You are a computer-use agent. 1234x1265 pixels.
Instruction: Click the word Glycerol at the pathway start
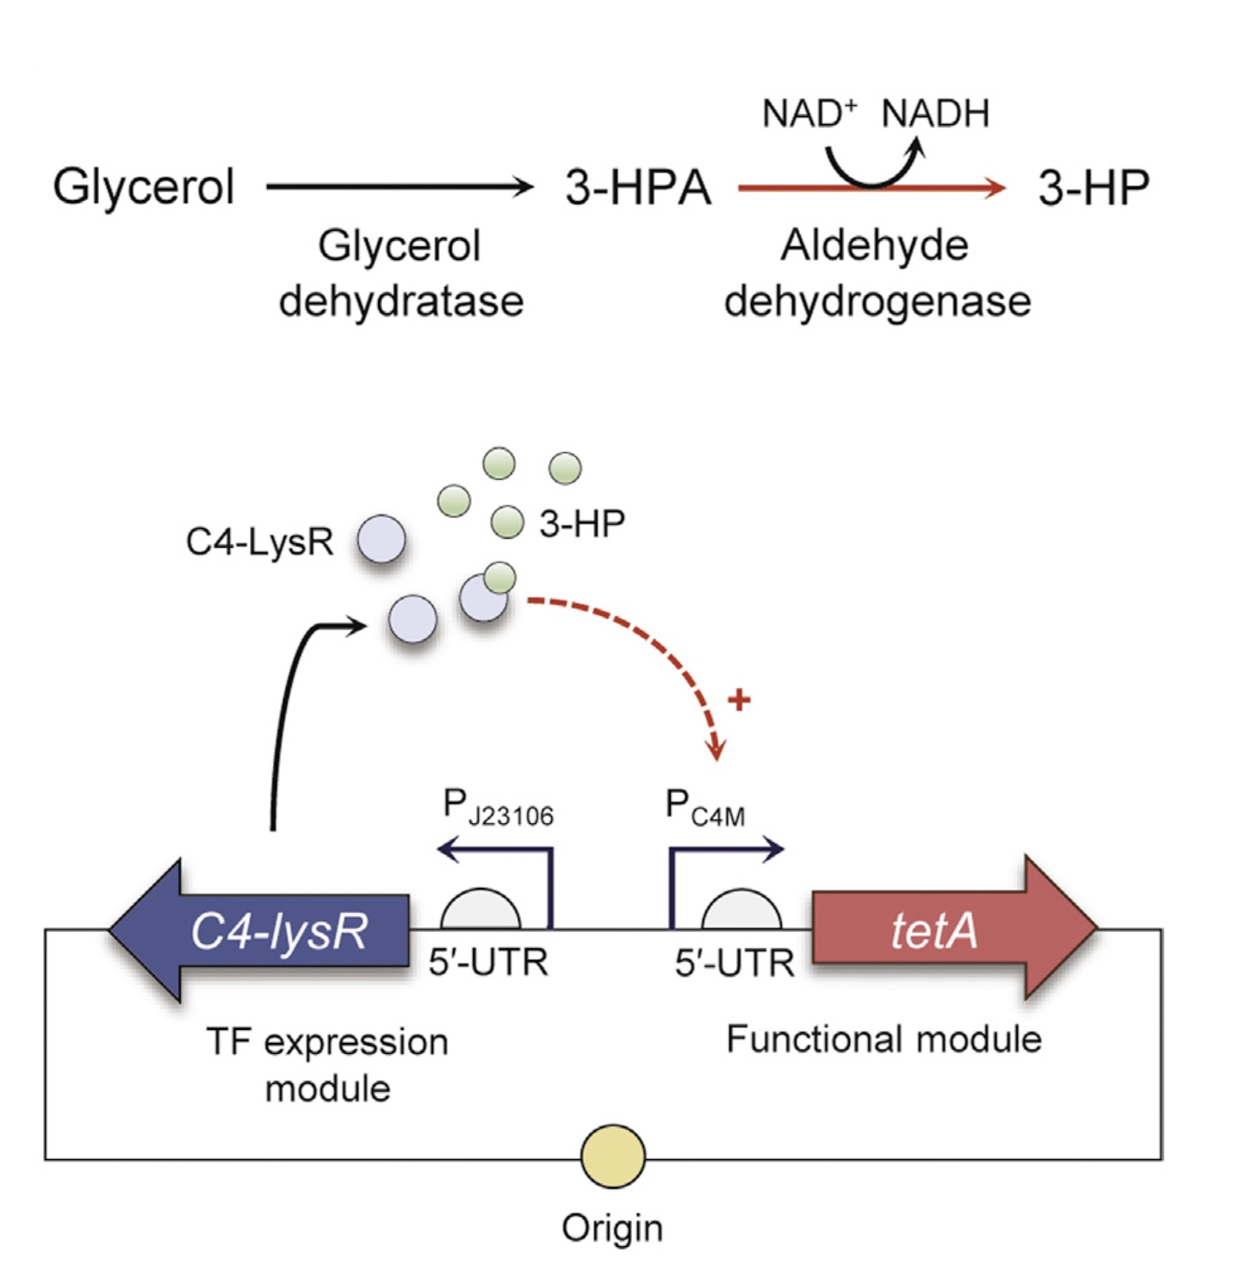click(143, 187)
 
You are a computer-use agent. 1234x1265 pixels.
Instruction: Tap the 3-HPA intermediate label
click(637, 188)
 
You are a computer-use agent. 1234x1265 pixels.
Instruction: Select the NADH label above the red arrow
click(935, 114)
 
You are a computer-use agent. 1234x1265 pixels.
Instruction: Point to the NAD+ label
click(809, 114)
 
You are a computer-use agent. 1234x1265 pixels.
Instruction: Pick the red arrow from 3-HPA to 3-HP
click(870, 188)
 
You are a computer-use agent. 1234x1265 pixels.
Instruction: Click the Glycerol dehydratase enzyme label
click(400, 273)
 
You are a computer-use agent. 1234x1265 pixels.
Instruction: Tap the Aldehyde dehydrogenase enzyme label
click(877, 273)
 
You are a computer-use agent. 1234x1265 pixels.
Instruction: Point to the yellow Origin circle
click(612, 1156)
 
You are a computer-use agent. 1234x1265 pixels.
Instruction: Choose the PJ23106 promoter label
click(498, 808)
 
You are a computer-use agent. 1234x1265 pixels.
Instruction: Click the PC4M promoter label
click(704, 808)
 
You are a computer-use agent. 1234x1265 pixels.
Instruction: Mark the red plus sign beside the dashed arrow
click(739, 699)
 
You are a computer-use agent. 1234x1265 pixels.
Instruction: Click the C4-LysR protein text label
click(259, 542)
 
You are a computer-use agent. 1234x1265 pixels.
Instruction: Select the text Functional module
click(884, 1039)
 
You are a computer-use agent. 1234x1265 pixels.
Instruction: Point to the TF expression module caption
click(327, 1064)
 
